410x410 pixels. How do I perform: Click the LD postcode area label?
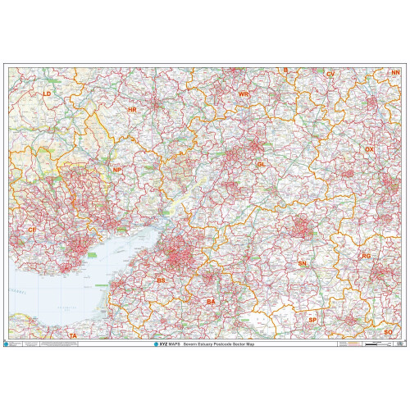point(47,94)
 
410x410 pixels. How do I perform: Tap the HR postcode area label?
point(131,109)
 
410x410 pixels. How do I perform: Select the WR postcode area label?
point(243,94)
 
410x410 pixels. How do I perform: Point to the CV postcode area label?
point(330,75)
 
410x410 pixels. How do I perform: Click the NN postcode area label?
point(395,73)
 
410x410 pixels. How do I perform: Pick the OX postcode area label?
point(369,149)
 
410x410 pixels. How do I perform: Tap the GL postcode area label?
point(262,165)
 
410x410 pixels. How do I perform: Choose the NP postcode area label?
point(117,170)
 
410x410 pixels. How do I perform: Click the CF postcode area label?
point(32,230)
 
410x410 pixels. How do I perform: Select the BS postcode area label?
point(161,280)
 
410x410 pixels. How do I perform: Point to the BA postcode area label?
point(211,303)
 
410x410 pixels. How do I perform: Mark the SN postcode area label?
point(302,263)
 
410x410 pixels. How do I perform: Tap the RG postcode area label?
point(367,257)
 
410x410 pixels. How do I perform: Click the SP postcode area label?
point(312,319)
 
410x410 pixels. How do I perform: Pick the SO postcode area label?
point(388,331)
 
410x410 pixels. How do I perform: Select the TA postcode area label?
point(72,335)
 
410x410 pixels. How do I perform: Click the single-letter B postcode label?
point(285,71)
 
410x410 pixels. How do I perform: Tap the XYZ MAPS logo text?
point(165,344)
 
